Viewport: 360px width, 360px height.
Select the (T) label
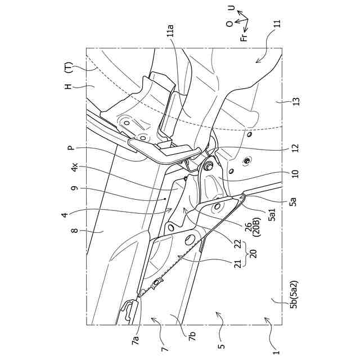pyautogui.click(x=67, y=68)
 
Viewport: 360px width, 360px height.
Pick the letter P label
pyautogui.click(x=71, y=148)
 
